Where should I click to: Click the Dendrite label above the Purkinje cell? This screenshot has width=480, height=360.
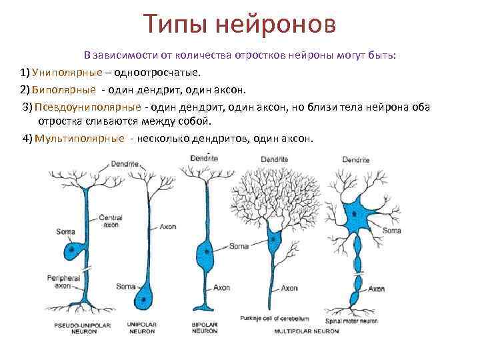[274, 159]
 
